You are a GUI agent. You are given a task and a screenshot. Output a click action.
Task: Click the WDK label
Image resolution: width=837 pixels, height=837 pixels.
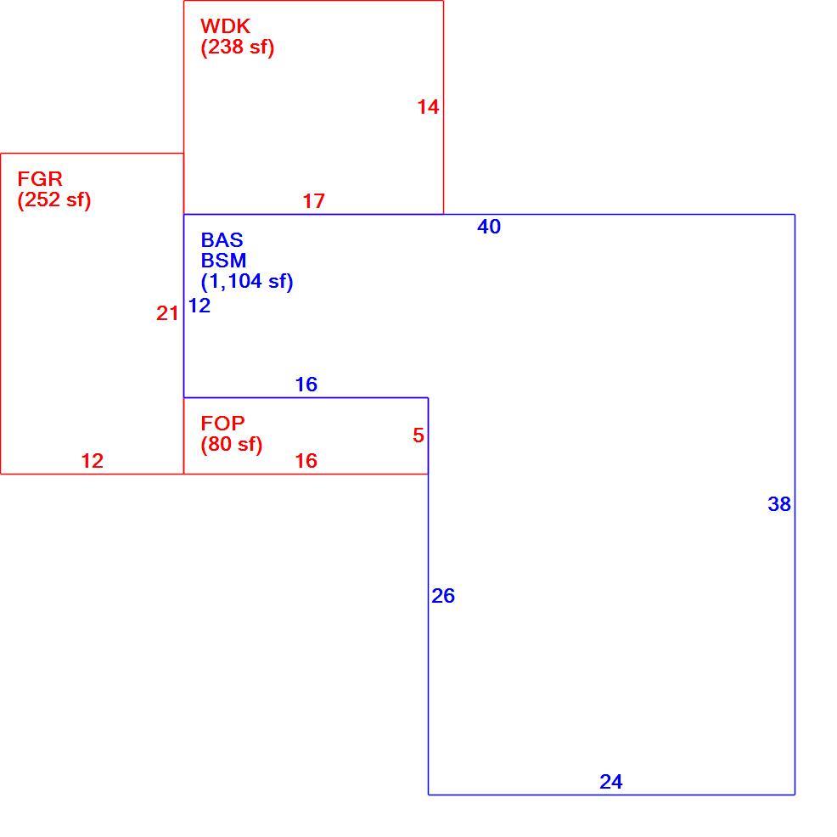pos(225,26)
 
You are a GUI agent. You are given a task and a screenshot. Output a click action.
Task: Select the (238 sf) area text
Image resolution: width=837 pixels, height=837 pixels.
pos(238,48)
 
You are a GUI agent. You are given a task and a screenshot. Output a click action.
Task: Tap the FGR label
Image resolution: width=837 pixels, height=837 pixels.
pos(40,178)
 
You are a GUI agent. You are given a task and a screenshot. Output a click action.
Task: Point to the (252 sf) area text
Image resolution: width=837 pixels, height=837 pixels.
pos(54,200)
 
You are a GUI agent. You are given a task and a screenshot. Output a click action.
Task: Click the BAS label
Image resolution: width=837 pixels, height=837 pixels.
pos(222,239)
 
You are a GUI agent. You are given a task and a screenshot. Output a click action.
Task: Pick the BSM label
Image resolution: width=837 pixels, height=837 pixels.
pos(223,261)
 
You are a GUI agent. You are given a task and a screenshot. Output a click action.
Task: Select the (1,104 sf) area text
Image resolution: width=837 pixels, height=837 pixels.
pos(247,281)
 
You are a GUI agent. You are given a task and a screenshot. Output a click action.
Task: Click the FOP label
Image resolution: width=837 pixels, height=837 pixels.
pos(222,424)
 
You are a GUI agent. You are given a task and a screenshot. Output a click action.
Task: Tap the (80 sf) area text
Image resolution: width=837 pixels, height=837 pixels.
pos(232,445)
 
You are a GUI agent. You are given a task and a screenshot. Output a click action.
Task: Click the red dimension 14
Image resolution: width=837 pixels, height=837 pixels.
pos(428,107)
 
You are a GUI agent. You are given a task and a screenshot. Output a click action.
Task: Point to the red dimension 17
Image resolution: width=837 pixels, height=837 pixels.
pos(314,201)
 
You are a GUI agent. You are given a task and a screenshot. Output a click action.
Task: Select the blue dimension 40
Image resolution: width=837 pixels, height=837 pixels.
pos(489,227)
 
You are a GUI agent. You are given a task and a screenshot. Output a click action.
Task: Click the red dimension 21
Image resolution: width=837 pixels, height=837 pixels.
pos(167,313)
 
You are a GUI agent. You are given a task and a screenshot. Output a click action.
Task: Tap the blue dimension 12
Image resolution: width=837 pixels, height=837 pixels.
pos(199,306)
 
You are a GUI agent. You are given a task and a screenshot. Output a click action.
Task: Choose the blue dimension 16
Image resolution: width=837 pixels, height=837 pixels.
pos(306,385)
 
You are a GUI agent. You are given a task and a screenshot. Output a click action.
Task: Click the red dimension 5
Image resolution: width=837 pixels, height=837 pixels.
pos(418,435)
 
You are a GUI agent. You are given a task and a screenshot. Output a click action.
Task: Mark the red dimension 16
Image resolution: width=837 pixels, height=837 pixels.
pos(306,461)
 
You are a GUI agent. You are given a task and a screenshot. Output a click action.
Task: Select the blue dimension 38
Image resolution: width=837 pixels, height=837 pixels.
pos(779,504)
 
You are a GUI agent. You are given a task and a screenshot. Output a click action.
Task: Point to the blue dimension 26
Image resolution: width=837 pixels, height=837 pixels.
pos(443,596)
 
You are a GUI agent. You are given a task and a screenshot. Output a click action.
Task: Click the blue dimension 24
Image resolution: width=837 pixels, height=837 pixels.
pos(611,782)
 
